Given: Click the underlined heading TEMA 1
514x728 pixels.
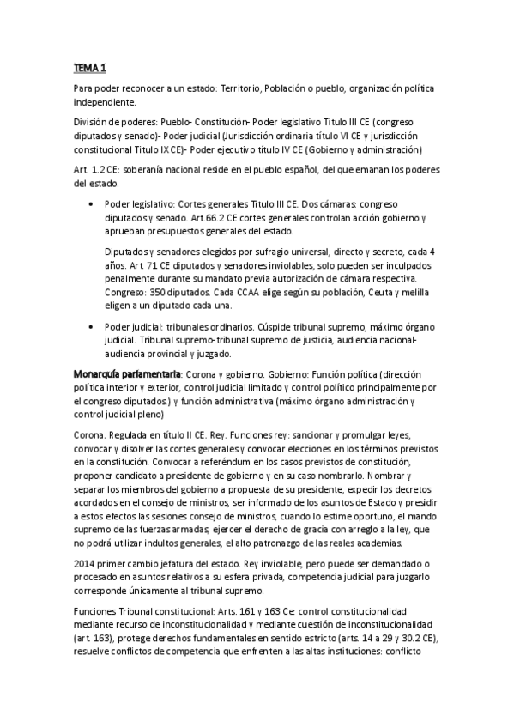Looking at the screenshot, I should click(x=90, y=67).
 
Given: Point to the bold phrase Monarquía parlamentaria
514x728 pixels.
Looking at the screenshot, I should click(x=127, y=374).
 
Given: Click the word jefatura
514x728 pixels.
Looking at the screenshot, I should click(x=176, y=562).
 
